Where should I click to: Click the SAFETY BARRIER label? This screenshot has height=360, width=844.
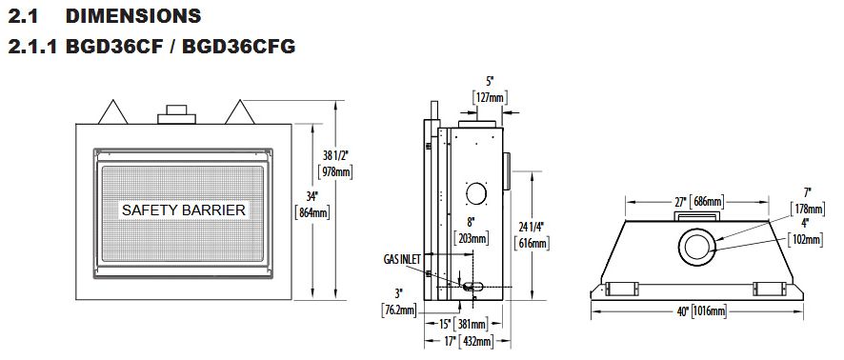coord(184,210)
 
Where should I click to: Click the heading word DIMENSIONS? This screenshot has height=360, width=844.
coord(133,16)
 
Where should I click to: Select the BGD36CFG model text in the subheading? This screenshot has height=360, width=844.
coord(239,47)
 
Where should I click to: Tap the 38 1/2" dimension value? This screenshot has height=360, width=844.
coord(335,156)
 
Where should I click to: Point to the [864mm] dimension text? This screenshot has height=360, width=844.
coord(312,212)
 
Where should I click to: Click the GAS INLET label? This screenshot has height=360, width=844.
coord(402,259)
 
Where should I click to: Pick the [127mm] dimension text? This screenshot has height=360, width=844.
coord(490,97)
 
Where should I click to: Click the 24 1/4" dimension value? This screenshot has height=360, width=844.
coord(532,227)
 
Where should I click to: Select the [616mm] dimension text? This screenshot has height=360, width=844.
coord(532,243)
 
